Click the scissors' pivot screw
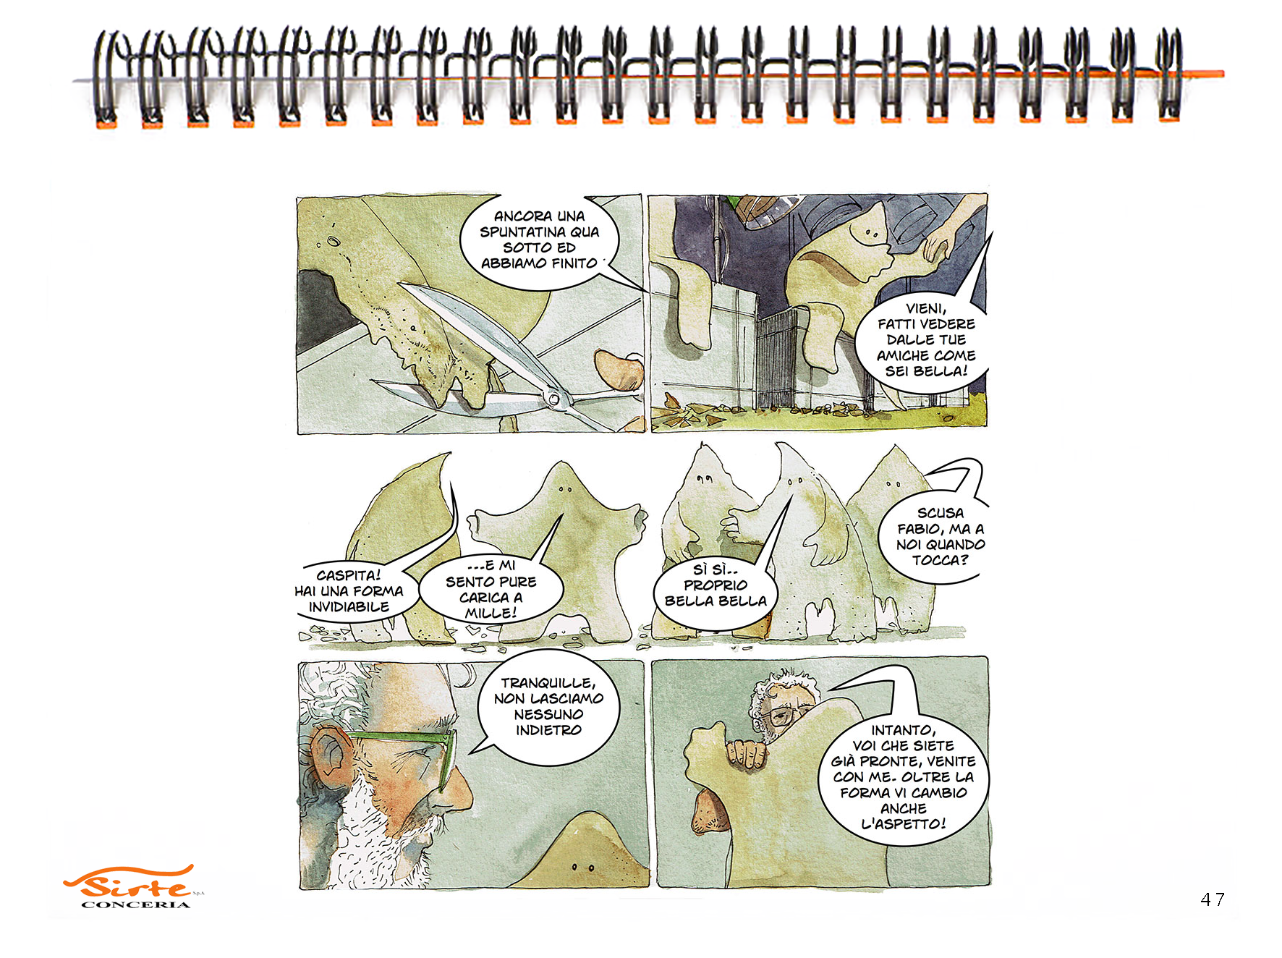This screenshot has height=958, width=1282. click(552, 397)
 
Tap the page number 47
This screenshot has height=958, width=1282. click(1213, 899)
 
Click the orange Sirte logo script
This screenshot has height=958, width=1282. click(130, 882)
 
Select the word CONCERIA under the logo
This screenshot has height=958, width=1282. click(136, 904)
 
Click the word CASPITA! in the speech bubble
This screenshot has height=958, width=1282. click(348, 575)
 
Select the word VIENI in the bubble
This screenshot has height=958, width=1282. click(926, 309)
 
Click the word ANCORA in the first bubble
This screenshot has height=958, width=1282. click(519, 216)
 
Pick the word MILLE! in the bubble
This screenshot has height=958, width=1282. click(491, 614)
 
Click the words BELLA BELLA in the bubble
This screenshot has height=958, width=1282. click(716, 601)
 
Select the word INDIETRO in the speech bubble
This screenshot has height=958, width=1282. click(548, 730)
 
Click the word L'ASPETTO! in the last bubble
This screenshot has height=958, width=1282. click(904, 823)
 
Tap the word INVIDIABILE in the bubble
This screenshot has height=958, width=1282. click(349, 607)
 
